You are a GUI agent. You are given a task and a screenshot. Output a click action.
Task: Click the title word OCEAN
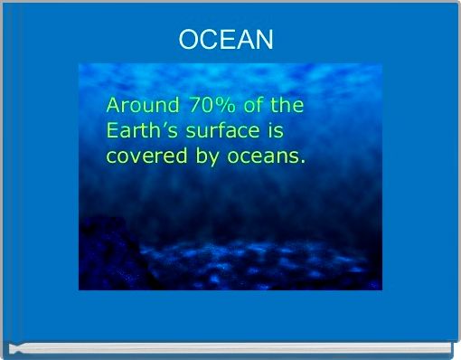pyautogui.click(x=225, y=40)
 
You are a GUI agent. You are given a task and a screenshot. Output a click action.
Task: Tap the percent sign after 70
pyautogui.click(x=224, y=105)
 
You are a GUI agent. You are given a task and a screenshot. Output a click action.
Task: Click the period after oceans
pyautogui.click(x=303, y=163)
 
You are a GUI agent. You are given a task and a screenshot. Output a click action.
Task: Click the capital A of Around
pyautogui.click(x=113, y=105)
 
